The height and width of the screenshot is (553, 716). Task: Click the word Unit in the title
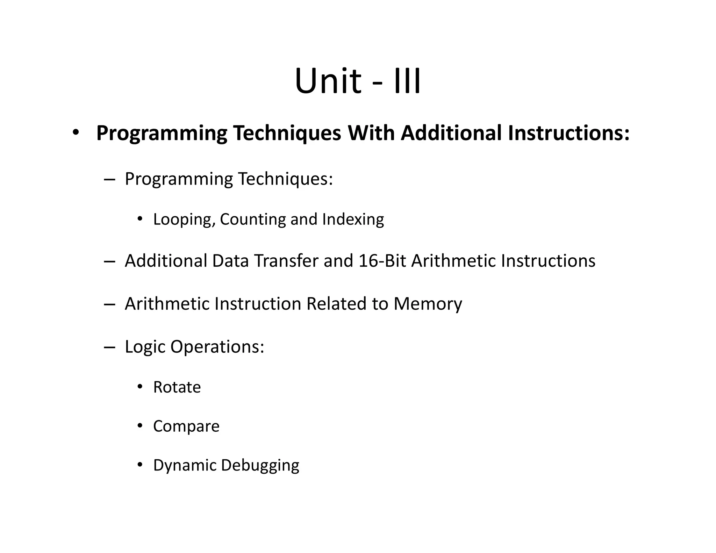(x=328, y=81)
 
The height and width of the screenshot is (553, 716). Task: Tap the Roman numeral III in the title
(x=407, y=81)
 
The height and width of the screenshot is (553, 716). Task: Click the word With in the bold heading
(x=371, y=133)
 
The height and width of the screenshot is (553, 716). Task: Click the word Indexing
(x=353, y=220)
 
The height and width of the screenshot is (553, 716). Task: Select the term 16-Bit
(x=382, y=261)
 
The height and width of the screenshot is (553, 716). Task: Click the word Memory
(x=428, y=304)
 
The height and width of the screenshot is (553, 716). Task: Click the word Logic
(x=145, y=347)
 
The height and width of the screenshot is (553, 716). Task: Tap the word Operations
(x=217, y=347)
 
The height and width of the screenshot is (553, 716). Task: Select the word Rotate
(x=177, y=387)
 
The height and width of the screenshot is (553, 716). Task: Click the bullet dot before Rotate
(x=140, y=387)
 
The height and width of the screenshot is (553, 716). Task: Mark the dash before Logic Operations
(x=109, y=347)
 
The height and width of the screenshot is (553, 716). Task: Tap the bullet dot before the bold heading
(x=76, y=133)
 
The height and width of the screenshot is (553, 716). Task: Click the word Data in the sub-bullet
(x=230, y=261)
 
